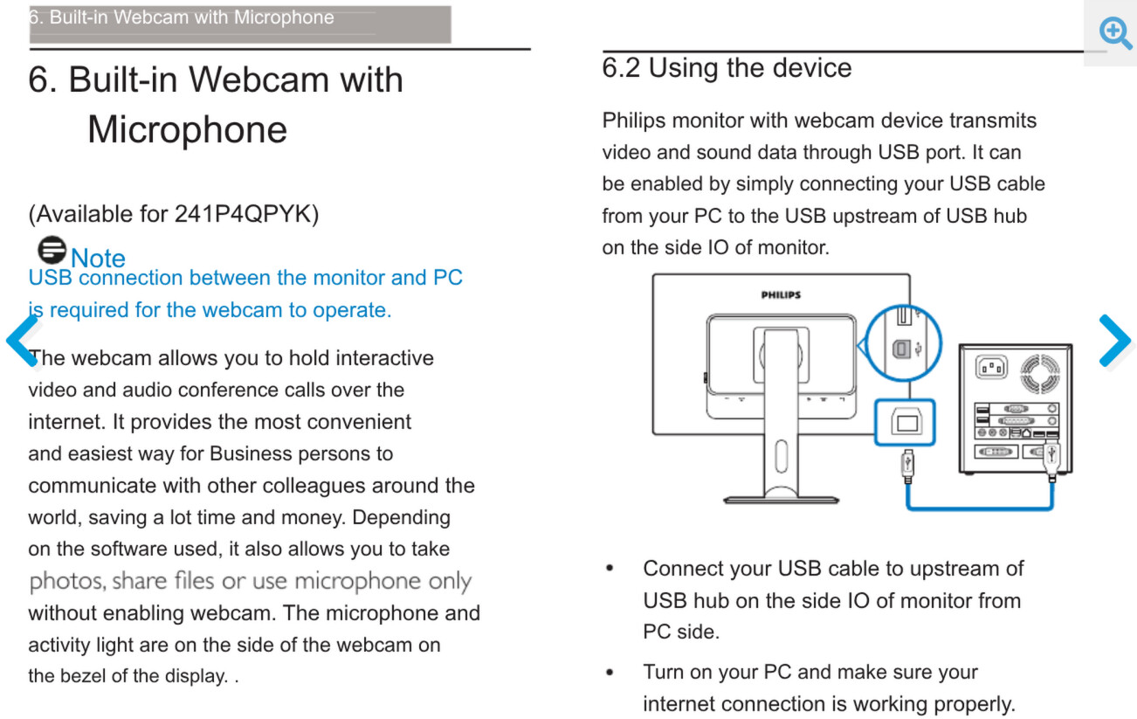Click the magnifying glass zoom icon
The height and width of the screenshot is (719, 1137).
click(1115, 33)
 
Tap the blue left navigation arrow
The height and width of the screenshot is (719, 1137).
click(22, 340)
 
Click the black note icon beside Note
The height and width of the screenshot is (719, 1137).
click(52, 250)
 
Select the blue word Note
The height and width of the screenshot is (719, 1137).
click(98, 259)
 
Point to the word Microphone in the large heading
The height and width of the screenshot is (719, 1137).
click(187, 130)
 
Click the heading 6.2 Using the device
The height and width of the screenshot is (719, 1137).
click(727, 67)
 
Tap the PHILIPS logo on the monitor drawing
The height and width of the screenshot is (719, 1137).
click(780, 295)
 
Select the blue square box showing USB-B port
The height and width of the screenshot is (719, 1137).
click(904, 423)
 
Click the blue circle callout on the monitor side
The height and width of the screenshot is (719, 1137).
click(903, 343)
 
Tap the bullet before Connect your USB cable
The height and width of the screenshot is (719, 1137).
click(610, 569)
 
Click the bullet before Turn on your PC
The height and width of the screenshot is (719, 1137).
click(610, 673)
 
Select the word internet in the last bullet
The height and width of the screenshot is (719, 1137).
click(679, 704)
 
